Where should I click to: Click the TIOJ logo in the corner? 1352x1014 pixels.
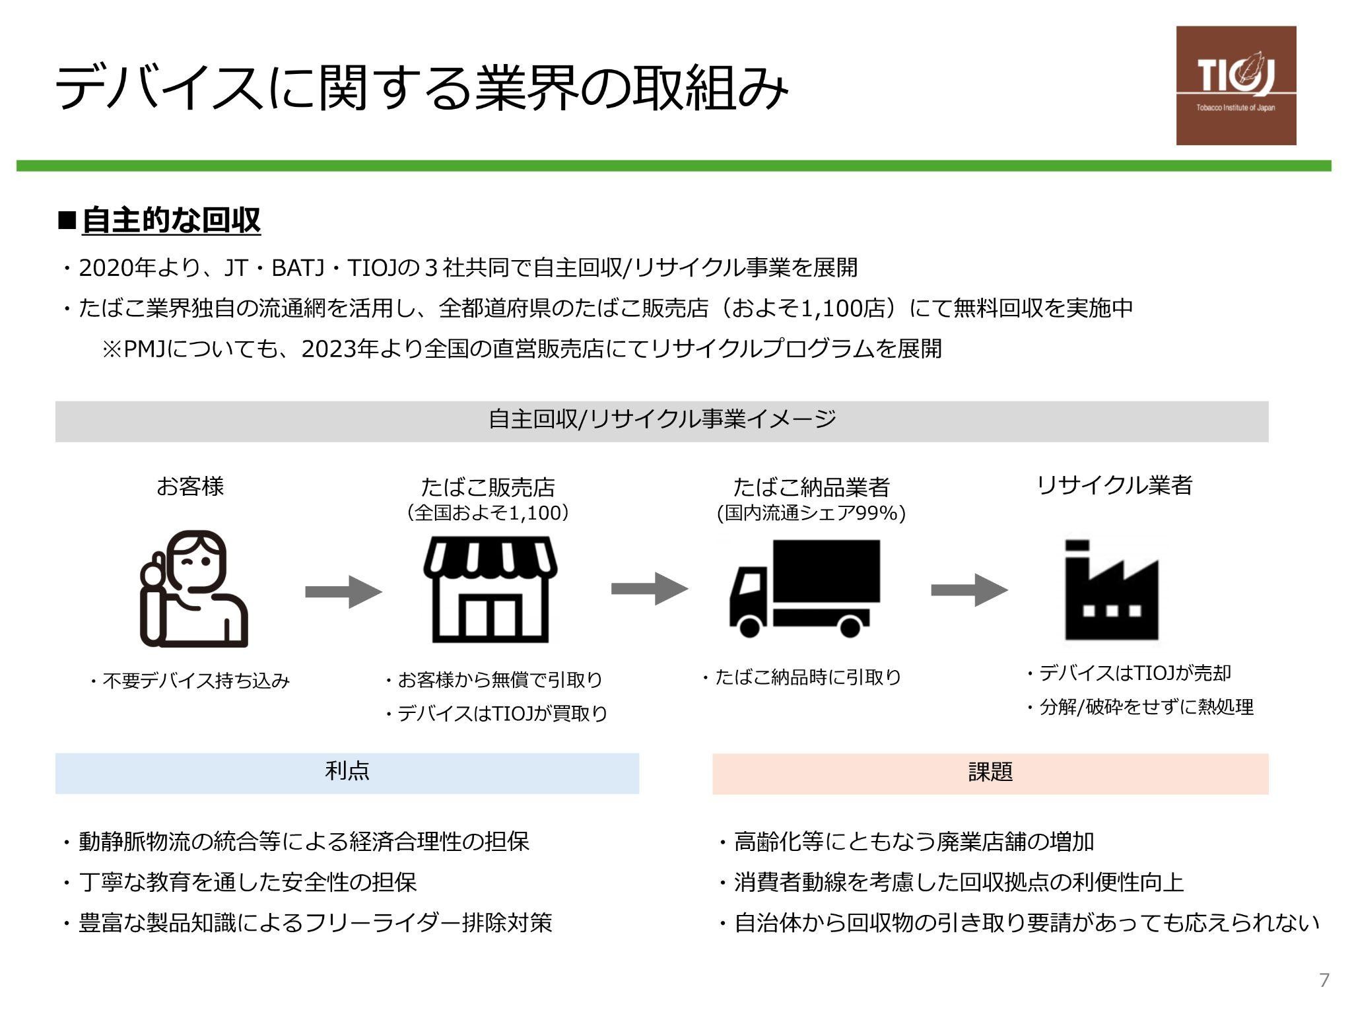[1236, 85]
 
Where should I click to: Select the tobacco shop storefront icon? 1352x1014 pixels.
[490, 589]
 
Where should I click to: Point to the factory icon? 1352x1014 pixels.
[1112, 590]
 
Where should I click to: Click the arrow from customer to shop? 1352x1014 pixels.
[343, 591]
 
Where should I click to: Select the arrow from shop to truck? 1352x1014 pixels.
[650, 588]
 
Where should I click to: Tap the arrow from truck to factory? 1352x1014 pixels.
[969, 590]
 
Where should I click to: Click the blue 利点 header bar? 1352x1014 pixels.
[347, 773]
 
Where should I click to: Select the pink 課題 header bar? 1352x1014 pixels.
[990, 773]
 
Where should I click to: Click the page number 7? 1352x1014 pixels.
[1324, 980]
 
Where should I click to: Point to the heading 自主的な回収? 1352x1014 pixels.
[171, 220]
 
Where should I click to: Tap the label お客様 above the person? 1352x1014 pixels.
[190, 487]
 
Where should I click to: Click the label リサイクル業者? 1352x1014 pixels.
[1114, 485]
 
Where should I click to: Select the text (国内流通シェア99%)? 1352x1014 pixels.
[811, 514]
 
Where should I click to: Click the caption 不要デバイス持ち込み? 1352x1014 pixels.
[196, 681]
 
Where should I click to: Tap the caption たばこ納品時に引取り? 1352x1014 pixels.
[808, 677]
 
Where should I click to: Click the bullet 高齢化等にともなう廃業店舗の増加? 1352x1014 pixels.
[914, 842]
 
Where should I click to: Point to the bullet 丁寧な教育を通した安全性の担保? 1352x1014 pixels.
[248, 882]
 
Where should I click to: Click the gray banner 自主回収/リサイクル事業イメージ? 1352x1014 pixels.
[661, 421]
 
